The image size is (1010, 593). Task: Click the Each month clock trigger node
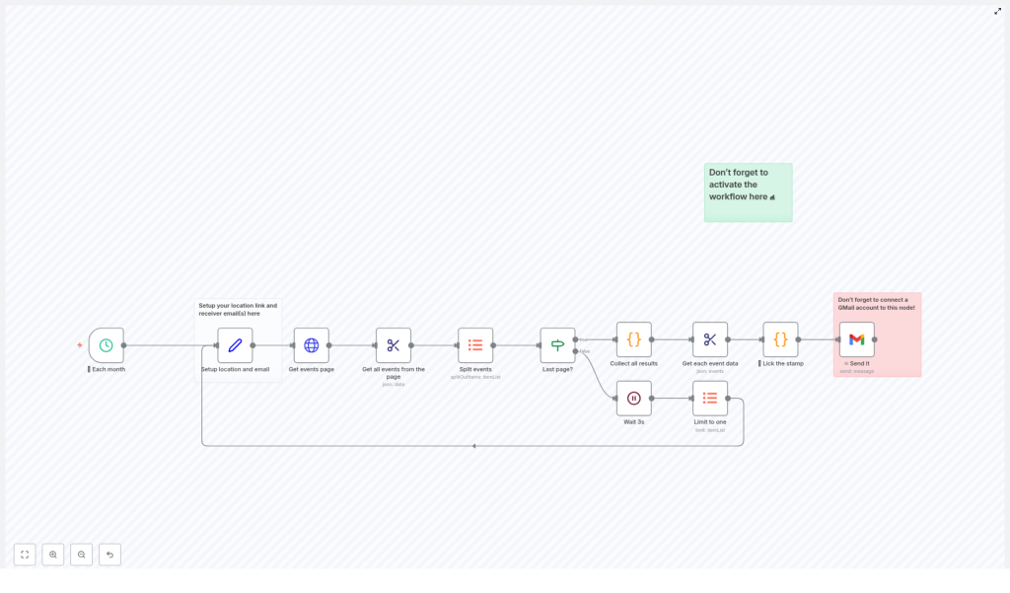[x=107, y=345]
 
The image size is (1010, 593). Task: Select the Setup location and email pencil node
[x=235, y=345]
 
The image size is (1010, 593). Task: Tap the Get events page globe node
[x=312, y=345]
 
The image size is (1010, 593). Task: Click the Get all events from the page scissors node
[x=394, y=345]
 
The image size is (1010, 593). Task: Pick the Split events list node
[x=475, y=345]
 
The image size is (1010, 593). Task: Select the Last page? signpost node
[x=557, y=345]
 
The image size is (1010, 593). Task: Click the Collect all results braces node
[x=634, y=339]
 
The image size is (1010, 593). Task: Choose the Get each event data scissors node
[x=710, y=339]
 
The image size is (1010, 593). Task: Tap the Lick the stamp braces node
[x=780, y=339]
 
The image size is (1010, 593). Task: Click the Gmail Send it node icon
[x=857, y=339]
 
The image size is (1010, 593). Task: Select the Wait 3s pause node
[x=634, y=399]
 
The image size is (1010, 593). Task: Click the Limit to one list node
[x=710, y=399]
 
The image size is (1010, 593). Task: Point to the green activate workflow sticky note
[x=748, y=192]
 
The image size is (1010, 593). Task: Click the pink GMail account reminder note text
[x=876, y=304]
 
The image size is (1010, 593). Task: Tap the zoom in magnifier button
[x=53, y=555]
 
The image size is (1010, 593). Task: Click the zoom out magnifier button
[x=82, y=555]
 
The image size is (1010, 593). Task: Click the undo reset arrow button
[x=109, y=555]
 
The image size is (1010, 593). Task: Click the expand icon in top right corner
[x=997, y=11]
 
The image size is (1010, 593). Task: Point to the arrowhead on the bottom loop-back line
[x=473, y=446]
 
